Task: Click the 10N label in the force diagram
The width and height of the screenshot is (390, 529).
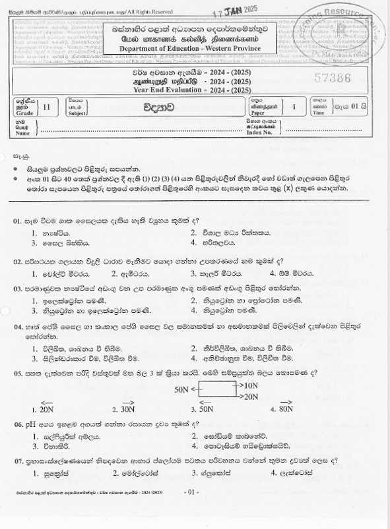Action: pyautogui.click(x=249, y=384)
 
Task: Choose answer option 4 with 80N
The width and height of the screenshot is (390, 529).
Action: pyautogui.click(x=285, y=408)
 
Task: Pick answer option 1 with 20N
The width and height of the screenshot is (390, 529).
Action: pyautogui.click(x=46, y=409)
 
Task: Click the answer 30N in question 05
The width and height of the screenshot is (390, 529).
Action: pyautogui.click(x=127, y=409)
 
